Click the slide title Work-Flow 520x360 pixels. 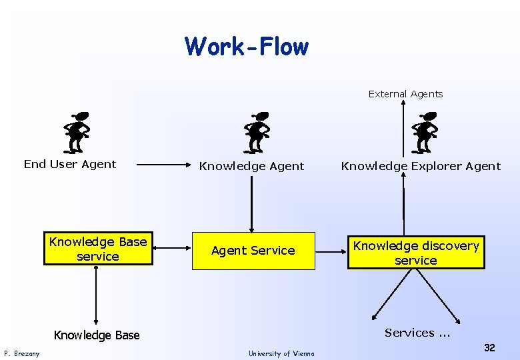coord(247,47)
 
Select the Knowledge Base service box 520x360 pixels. coord(98,249)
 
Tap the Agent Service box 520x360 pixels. coord(253,251)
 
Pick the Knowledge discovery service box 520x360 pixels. coord(416,253)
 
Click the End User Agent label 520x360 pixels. coord(70,164)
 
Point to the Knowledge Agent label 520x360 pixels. coord(252,166)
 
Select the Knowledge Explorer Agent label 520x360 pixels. coord(421,166)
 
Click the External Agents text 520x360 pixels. coord(405,94)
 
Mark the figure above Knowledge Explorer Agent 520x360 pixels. coord(424,131)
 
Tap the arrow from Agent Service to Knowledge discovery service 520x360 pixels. coord(331,251)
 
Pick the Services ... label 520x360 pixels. coord(417,333)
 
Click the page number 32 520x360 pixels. coord(489,347)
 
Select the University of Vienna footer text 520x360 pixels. coord(281,353)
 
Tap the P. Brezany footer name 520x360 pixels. coord(22,353)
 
